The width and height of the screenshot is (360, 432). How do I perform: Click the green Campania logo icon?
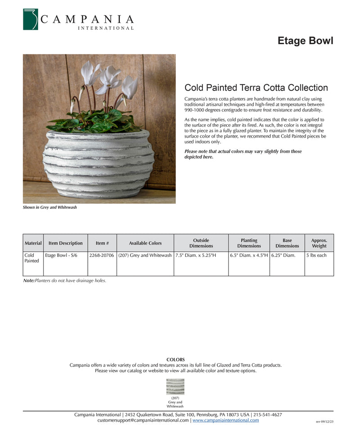pos(31,19)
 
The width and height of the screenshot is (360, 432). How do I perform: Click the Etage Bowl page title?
pos(305,41)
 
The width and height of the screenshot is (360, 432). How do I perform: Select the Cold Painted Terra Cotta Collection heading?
pos(256,88)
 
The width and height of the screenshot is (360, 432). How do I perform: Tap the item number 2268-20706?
pos(102,256)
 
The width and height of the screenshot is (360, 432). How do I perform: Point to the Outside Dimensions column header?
pos(201,243)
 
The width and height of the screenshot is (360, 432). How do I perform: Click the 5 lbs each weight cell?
pos(316,256)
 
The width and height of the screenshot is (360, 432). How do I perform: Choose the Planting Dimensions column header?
pos(249,243)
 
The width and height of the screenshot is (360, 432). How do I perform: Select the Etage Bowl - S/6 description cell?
pos(61,256)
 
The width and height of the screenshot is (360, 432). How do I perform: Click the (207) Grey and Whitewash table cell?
pos(145,256)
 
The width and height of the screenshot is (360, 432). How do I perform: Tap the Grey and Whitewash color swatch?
pos(175,387)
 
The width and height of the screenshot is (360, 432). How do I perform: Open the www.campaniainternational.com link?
pos(225,420)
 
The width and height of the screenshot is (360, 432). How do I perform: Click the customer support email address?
pos(143,420)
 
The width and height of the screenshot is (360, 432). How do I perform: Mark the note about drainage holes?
pos(65,281)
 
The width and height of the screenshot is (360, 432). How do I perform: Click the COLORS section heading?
pos(175,360)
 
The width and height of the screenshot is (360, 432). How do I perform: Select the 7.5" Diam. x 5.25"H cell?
pos(196,256)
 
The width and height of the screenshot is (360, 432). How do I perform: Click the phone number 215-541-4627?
pos(268,414)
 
